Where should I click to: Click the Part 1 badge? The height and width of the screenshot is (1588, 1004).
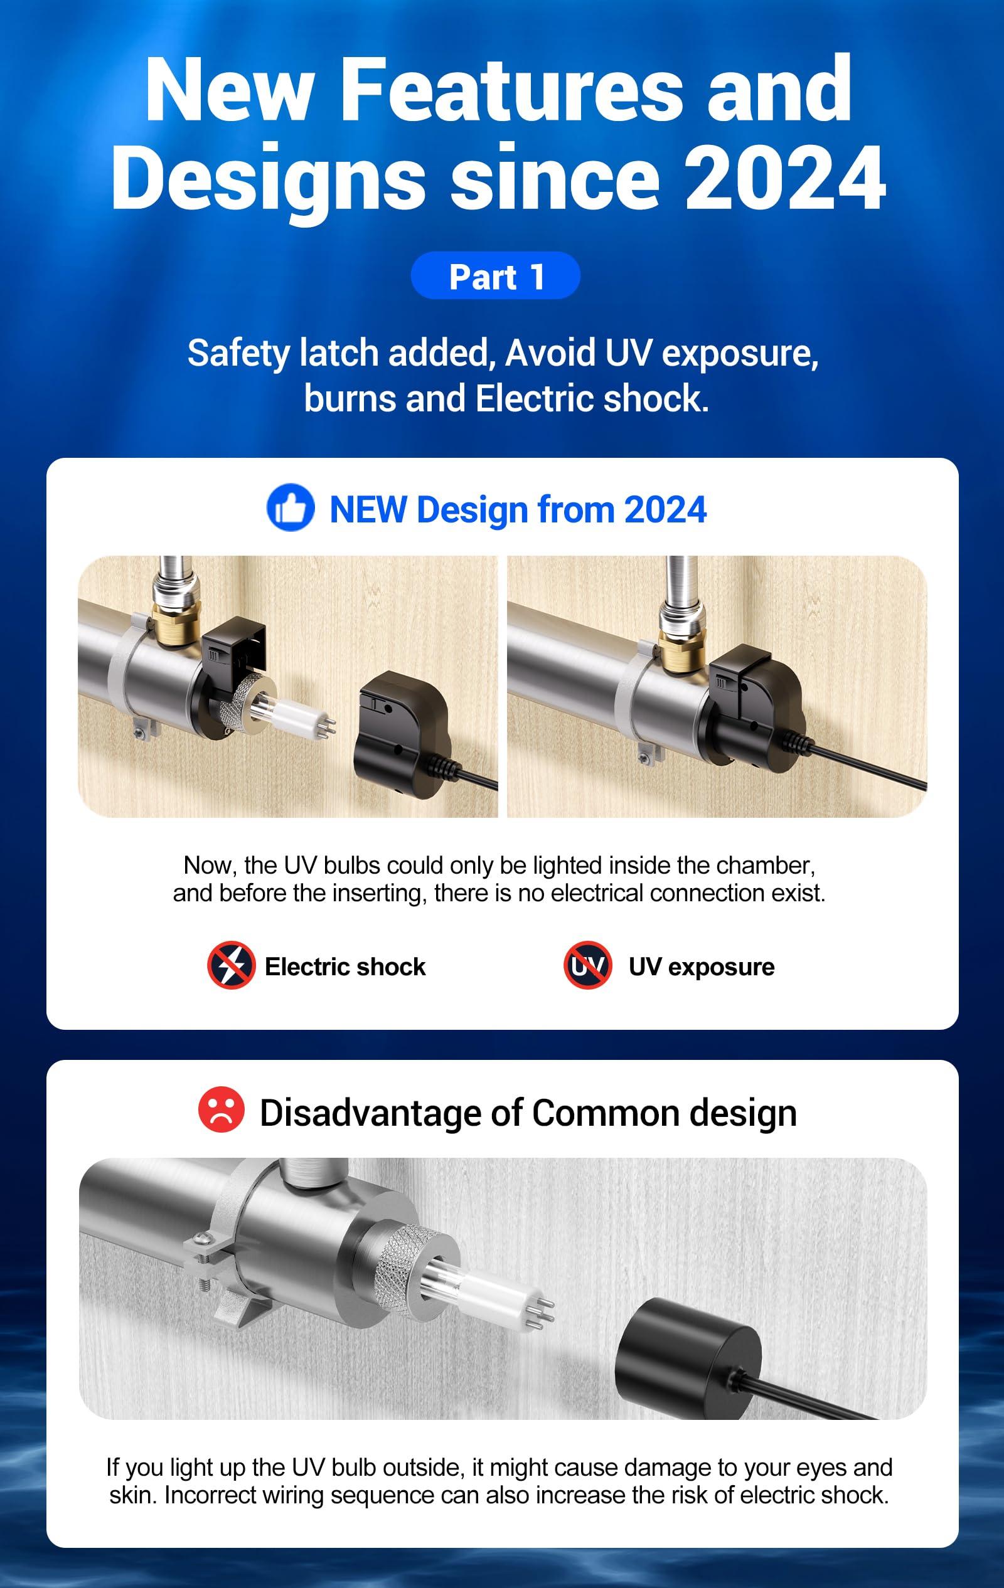pyautogui.click(x=495, y=276)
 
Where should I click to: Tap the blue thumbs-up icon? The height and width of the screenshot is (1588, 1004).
pyautogui.click(x=291, y=508)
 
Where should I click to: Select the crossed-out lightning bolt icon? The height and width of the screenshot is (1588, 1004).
pyautogui.click(x=231, y=965)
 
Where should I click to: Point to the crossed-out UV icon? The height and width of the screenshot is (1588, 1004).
pyautogui.click(x=588, y=965)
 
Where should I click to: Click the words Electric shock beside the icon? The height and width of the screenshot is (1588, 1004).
pyautogui.click(x=345, y=966)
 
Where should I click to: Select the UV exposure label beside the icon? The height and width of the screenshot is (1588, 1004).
pyautogui.click(x=701, y=966)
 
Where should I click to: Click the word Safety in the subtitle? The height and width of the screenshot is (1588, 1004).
pyautogui.click(x=238, y=353)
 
